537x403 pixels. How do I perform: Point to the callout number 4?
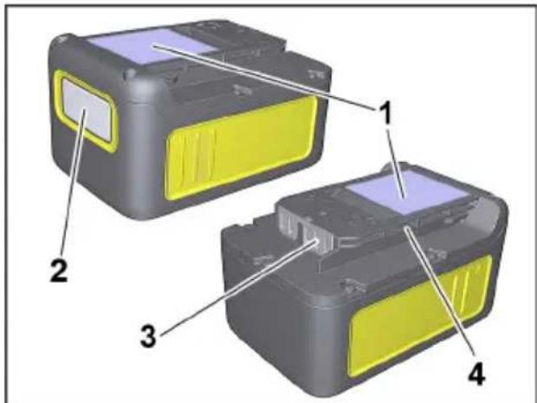click(x=474, y=376)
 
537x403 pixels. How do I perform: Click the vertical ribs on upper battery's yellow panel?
click(x=194, y=156)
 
